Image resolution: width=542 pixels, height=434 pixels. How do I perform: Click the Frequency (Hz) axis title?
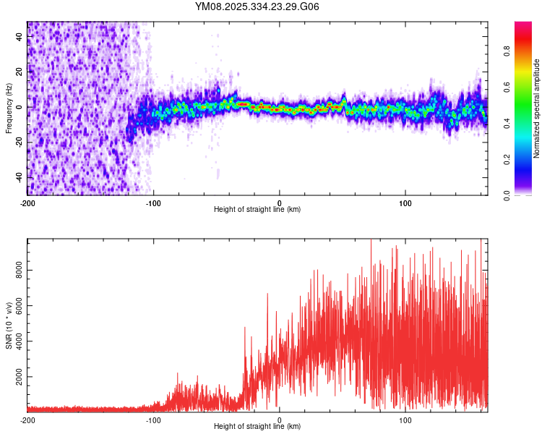[x=9, y=109]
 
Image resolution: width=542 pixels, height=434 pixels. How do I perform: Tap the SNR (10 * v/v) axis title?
[x=9, y=325]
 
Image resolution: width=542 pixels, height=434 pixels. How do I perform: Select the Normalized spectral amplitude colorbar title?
[x=537, y=109]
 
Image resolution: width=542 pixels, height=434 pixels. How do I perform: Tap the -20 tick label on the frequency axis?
[x=20, y=142]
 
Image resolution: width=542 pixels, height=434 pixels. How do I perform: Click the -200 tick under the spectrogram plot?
[x=27, y=203]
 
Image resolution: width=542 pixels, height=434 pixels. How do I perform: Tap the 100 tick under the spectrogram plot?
[x=405, y=203]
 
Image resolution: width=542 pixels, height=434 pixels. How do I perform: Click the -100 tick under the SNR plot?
[x=153, y=420]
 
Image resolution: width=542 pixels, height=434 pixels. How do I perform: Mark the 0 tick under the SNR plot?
[x=280, y=420]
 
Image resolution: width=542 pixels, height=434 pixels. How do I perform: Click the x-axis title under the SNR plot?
[x=257, y=427]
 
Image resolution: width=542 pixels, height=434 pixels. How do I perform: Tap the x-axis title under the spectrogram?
[x=257, y=210]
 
